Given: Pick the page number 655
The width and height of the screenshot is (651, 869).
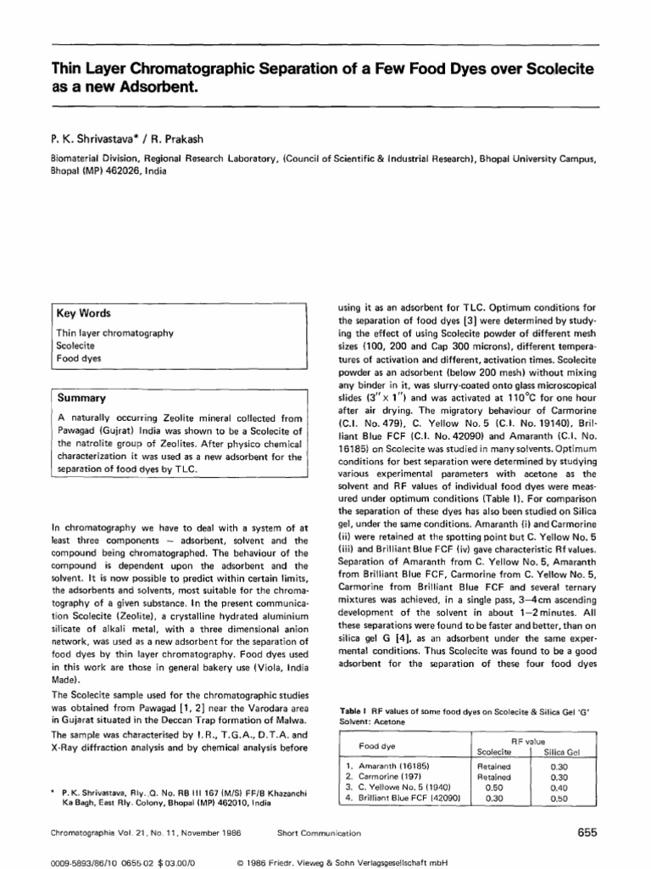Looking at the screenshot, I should click(x=587, y=832).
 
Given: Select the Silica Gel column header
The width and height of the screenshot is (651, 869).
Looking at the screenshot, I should click(x=563, y=752).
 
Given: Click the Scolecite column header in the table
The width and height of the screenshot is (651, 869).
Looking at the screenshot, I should click(x=493, y=752).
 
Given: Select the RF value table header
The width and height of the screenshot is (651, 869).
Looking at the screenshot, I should click(x=528, y=740).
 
